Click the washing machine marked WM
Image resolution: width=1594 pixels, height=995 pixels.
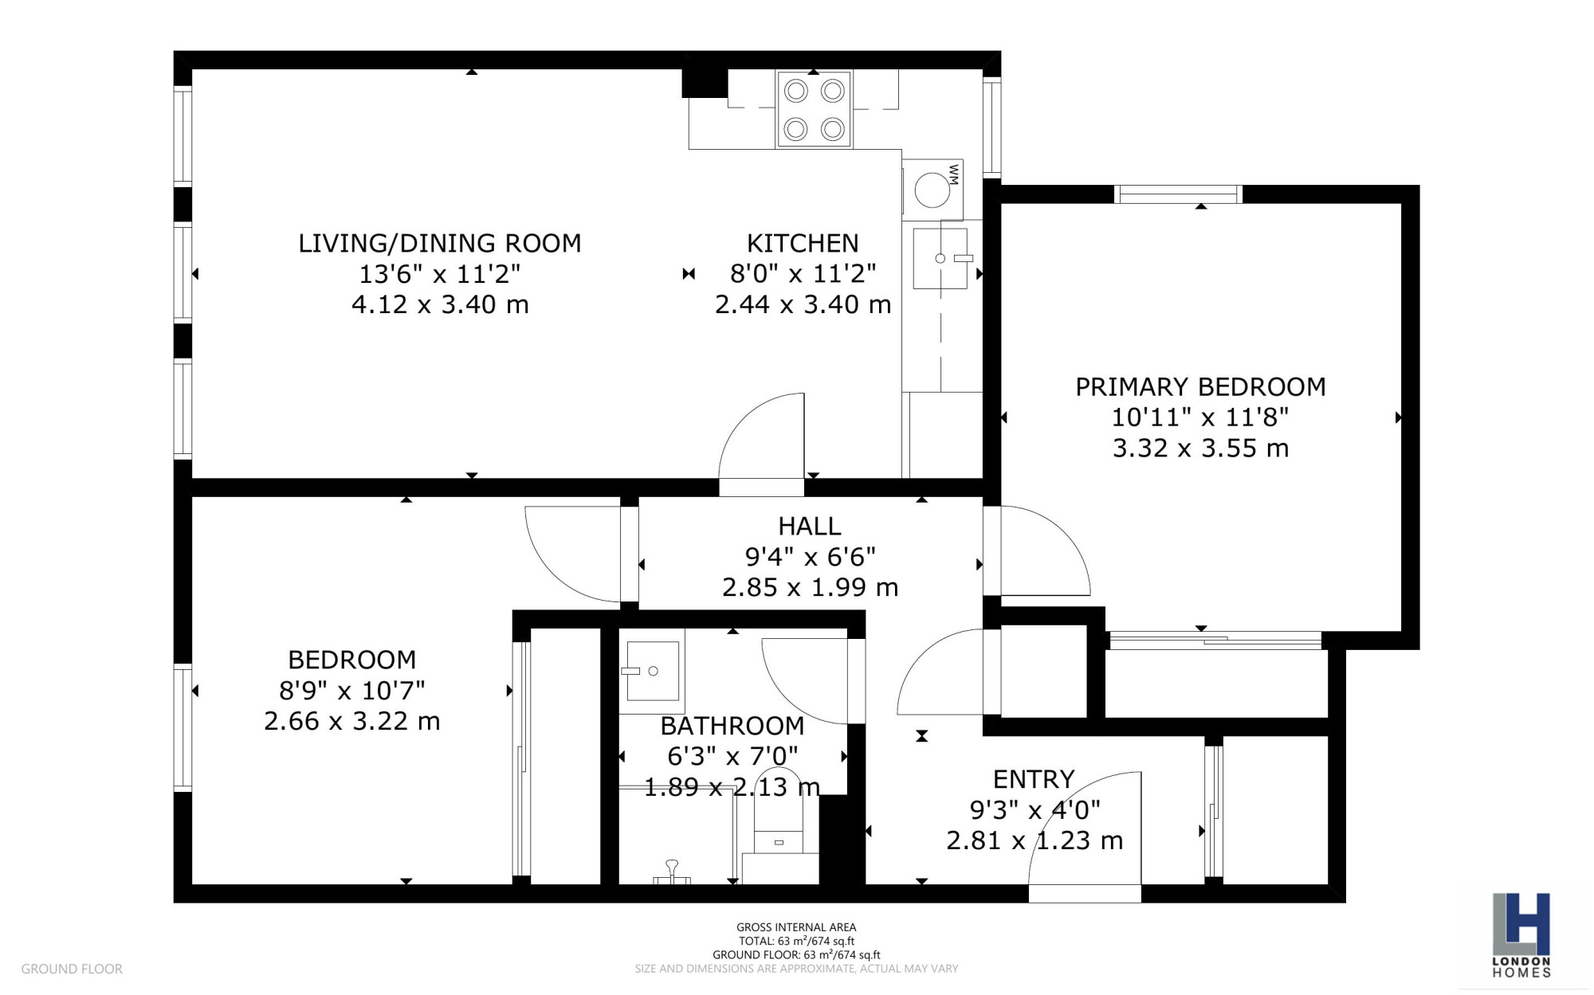click(x=932, y=190)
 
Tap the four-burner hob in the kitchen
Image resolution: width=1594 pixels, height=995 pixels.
click(x=814, y=109)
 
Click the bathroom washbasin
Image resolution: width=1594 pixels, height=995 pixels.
click(x=651, y=671)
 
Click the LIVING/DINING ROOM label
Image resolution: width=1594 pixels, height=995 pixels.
click(x=440, y=243)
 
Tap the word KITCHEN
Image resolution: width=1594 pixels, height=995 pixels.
click(x=803, y=243)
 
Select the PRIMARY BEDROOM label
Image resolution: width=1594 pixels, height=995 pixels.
click(x=1200, y=387)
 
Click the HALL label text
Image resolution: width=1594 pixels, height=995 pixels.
click(x=810, y=526)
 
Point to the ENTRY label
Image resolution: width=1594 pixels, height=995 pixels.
click(x=1034, y=778)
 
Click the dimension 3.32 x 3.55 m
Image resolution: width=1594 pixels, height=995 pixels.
click(x=1200, y=449)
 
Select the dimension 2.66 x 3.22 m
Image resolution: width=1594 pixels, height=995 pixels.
click(x=351, y=721)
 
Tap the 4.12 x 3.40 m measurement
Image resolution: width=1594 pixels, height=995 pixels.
click(x=440, y=304)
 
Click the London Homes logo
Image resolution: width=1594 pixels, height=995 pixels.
click(x=1521, y=934)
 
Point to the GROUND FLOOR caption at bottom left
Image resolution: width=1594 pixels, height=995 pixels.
click(x=72, y=969)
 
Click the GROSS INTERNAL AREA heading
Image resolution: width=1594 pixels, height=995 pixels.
click(x=796, y=927)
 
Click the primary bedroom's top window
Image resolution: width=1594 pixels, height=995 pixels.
click(x=1178, y=194)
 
